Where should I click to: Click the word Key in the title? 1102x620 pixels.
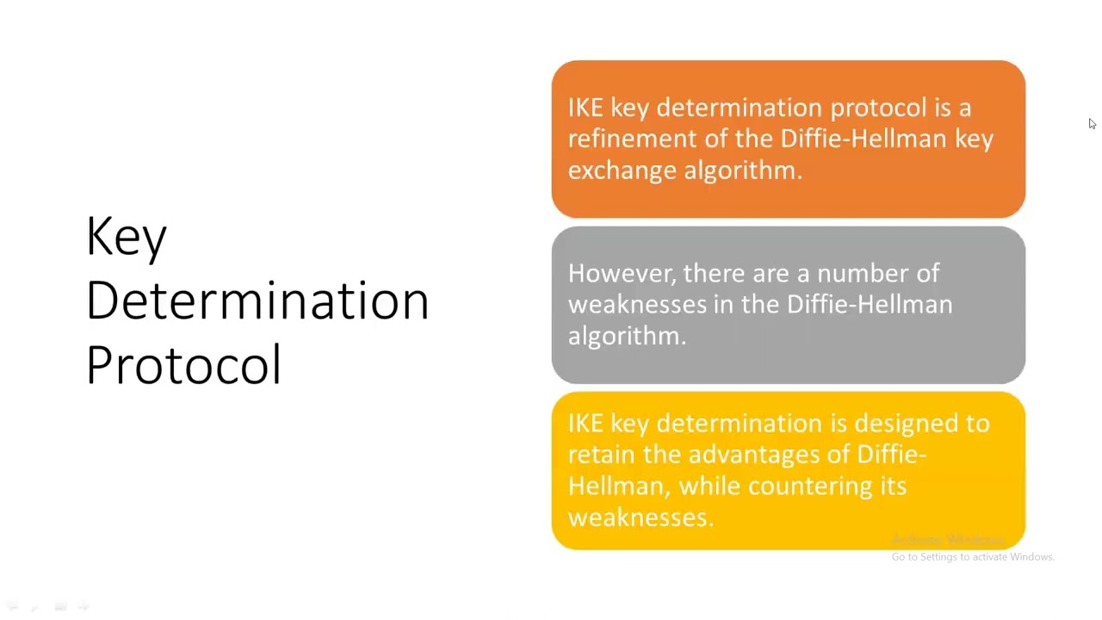(x=127, y=236)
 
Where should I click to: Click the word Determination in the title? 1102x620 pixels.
(x=257, y=301)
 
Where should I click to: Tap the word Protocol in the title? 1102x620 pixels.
(x=183, y=365)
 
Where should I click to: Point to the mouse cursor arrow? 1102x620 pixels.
(x=1092, y=124)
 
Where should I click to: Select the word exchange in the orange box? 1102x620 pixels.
(x=622, y=170)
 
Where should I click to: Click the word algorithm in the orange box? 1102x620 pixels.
(x=742, y=170)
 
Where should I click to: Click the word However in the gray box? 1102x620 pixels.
(x=622, y=274)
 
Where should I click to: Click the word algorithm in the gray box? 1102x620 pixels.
(x=626, y=337)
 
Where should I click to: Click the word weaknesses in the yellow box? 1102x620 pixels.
(x=640, y=518)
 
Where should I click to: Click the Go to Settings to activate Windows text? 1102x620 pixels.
(x=973, y=557)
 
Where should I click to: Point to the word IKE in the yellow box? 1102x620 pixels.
(x=585, y=424)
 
